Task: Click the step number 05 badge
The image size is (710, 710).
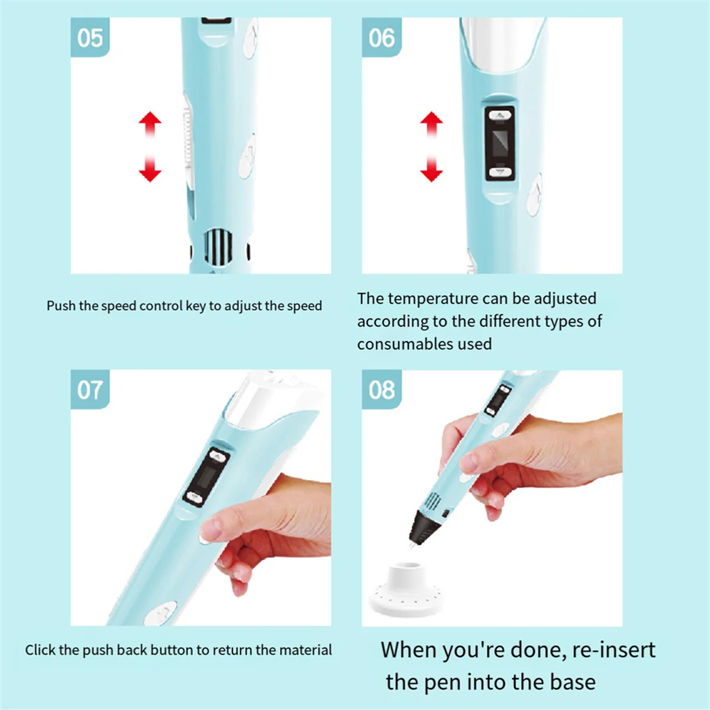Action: point(90,37)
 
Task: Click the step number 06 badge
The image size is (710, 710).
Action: point(382,37)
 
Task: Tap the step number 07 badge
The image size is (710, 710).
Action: point(90,389)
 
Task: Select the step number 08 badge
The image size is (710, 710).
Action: point(382,389)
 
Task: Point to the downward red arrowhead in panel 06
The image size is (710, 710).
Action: point(431,175)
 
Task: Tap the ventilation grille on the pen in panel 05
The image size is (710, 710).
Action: point(218,246)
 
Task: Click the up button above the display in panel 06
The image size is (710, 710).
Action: point(499,115)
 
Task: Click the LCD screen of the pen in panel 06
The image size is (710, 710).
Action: point(499,144)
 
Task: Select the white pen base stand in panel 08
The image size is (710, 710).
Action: point(405,589)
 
